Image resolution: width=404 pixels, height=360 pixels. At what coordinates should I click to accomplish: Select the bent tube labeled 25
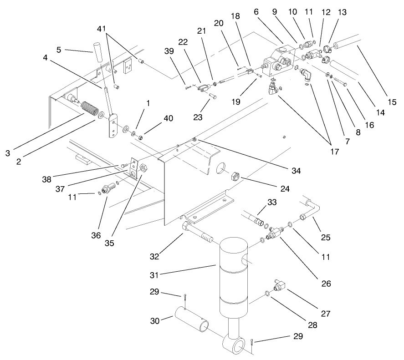coord(312,209)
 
